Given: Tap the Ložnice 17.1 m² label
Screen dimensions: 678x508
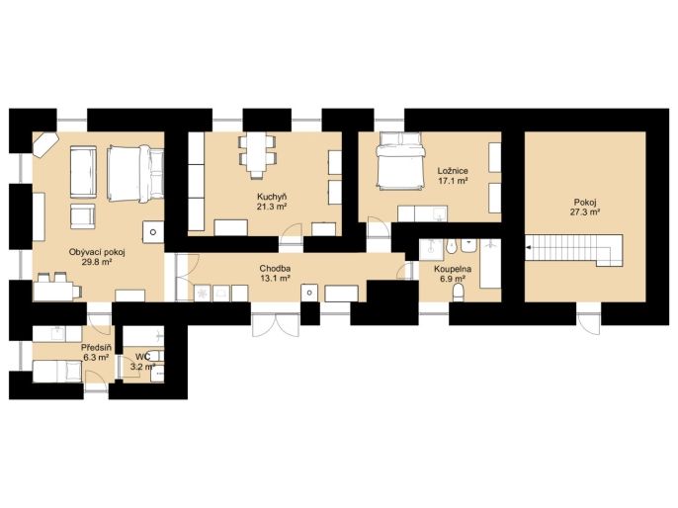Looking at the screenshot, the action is (453, 176).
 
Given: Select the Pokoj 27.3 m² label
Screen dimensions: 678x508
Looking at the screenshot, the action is (585, 208).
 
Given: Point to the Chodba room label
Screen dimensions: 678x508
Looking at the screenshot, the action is (275, 269).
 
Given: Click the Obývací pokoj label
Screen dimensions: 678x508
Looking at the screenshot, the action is (97, 252).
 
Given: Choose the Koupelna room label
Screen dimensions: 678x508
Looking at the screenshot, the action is (453, 269).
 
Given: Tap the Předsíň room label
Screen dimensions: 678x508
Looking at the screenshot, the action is (97, 347).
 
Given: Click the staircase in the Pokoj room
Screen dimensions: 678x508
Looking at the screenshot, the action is (574, 250).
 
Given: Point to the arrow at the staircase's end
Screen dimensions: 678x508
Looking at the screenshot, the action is (529, 248).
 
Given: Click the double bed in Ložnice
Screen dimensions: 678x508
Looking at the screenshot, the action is (400, 160).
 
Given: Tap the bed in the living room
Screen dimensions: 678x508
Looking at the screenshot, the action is (135, 174).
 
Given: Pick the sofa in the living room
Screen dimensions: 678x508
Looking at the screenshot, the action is (83, 172).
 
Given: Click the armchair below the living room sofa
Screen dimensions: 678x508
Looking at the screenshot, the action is (83, 216).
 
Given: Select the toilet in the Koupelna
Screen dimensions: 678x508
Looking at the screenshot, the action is (458, 294).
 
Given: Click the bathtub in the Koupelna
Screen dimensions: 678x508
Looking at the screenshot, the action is (490, 263).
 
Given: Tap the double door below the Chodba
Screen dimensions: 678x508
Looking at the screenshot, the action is (276, 324).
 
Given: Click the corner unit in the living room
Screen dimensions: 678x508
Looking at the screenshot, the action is (45, 143).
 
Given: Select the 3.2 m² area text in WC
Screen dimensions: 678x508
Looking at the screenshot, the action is (143, 367).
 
